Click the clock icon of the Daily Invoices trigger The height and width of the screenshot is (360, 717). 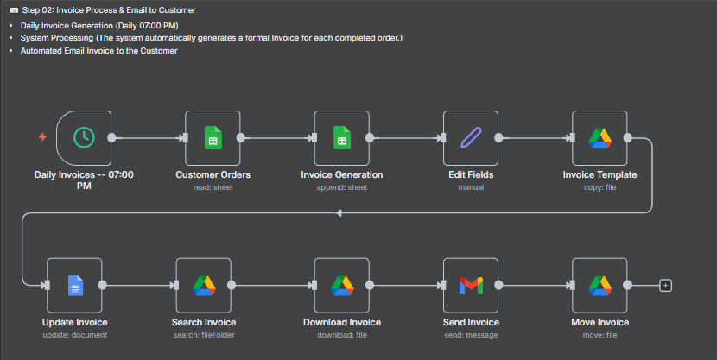(x=84, y=137)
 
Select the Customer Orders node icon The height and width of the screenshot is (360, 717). (x=213, y=137)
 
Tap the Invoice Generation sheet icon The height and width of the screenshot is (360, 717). (x=341, y=137)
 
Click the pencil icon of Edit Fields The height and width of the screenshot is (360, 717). (x=470, y=137)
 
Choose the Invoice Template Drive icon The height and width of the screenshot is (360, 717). (x=600, y=137)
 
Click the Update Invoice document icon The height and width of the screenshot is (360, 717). (x=75, y=285)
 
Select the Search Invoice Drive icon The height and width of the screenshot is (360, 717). (x=204, y=285)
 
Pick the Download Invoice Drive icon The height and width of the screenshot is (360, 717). (x=341, y=285)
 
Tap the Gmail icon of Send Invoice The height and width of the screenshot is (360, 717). (x=470, y=285)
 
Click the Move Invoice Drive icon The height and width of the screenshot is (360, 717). (x=600, y=285)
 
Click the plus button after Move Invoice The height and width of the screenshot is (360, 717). (x=665, y=285)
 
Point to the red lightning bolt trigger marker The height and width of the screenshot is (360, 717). (x=42, y=137)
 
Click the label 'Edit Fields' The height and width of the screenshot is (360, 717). (x=471, y=175)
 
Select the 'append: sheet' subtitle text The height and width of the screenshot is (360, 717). (x=341, y=187)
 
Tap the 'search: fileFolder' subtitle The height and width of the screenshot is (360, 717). (x=204, y=335)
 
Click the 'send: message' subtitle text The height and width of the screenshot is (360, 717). (x=471, y=335)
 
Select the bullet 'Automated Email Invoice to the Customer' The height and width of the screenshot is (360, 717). (x=98, y=51)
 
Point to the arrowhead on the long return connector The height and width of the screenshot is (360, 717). (x=339, y=212)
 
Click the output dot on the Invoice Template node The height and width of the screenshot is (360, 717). (x=628, y=137)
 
